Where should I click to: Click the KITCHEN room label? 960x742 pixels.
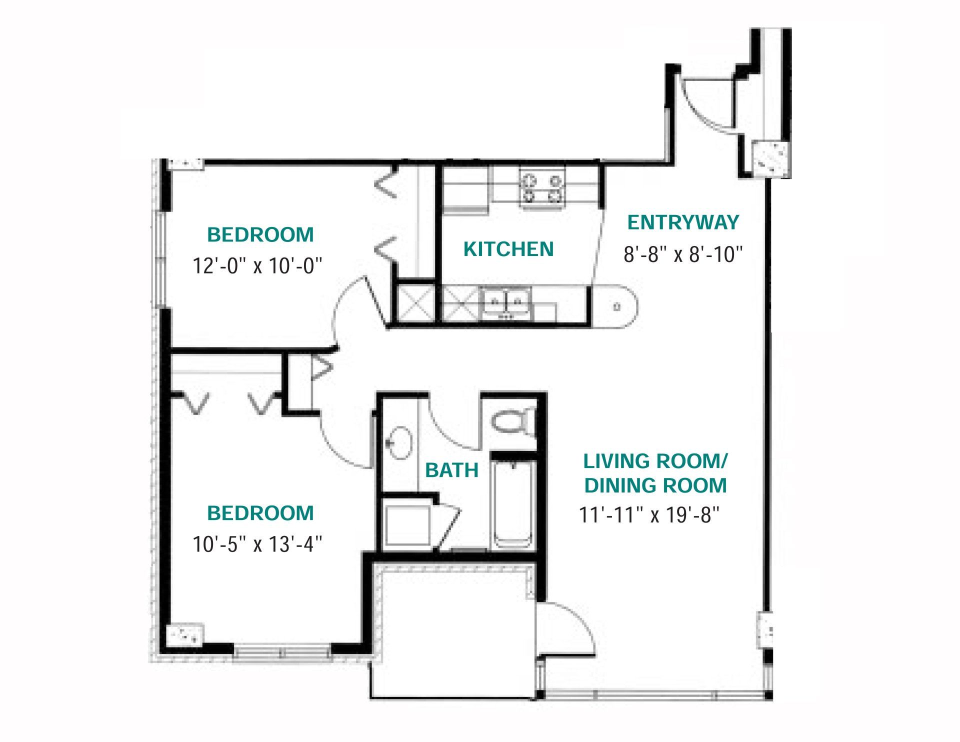click(508, 249)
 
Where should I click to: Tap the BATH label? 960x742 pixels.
click(452, 470)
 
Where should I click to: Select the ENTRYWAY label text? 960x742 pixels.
click(683, 222)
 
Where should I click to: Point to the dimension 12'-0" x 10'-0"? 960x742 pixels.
click(257, 266)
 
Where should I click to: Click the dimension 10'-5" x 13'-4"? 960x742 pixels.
click(257, 544)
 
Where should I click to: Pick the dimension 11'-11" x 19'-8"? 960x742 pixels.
click(649, 515)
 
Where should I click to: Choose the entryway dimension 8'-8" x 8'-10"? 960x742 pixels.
click(683, 254)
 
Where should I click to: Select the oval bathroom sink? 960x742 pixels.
click(400, 442)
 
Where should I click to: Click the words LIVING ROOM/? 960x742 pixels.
click(655, 461)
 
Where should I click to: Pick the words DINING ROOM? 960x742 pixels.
click(655, 485)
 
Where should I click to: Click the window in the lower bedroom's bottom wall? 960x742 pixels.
click(282, 652)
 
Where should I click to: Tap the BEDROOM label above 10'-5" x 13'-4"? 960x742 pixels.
click(260, 513)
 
